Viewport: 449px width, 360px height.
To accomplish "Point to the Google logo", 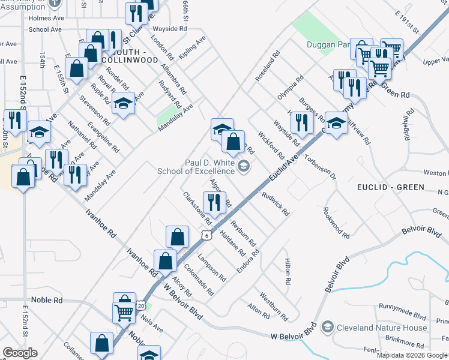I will click(20, 353).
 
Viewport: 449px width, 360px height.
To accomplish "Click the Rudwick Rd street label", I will click(276, 203).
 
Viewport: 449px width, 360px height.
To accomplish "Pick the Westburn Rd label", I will click(273, 305).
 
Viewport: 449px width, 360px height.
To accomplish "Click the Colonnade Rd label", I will click(199, 280).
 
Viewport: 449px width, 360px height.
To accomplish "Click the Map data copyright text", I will click(412, 355).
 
